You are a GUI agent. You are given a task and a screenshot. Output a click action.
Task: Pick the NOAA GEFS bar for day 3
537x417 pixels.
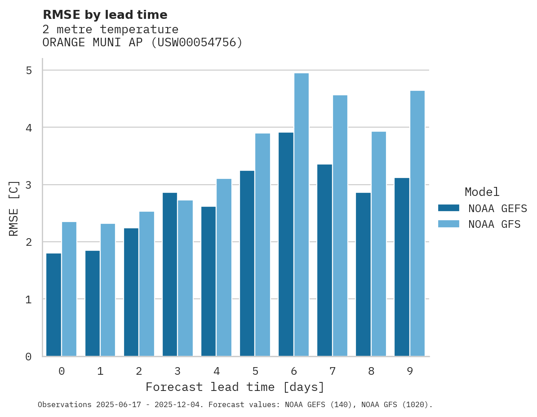pyautogui.click(x=170, y=274)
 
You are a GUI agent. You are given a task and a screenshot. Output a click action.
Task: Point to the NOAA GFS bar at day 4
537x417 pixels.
pyautogui.click(x=224, y=267)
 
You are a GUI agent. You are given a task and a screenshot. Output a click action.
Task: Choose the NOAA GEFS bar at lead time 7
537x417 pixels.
pyautogui.click(x=324, y=260)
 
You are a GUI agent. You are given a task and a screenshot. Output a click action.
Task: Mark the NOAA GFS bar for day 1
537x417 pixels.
pyautogui.click(x=108, y=290)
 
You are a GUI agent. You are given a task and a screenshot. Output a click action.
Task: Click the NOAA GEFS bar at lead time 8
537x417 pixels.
pyautogui.click(x=363, y=274)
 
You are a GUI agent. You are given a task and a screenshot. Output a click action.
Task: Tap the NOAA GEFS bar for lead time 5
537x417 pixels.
pyautogui.click(x=247, y=263)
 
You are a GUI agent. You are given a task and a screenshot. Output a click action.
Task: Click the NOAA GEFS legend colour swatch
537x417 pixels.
pyautogui.click(x=448, y=208)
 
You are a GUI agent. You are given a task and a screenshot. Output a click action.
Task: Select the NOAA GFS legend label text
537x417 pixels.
pyautogui.click(x=494, y=224)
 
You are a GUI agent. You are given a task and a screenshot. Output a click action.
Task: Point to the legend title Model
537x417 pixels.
pyautogui.click(x=482, y=192)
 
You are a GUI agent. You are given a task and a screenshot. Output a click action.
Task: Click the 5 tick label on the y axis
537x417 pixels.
pyautogui.click(x=29, y=71)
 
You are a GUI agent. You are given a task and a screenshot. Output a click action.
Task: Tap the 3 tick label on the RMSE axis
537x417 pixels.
pyautogui.click(x=29, y=185)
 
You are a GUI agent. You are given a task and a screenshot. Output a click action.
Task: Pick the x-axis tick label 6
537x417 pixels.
pyautogui.click(x=294, y=371)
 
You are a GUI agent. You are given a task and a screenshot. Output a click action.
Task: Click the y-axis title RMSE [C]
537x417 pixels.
pyautogui.click(x=14, y=208)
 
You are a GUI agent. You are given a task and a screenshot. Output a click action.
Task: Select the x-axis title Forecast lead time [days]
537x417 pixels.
pyautogui.click(x=235, y=387)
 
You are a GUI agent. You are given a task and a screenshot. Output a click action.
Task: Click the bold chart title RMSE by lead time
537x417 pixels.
pyautogui.click(x=105, y=15)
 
